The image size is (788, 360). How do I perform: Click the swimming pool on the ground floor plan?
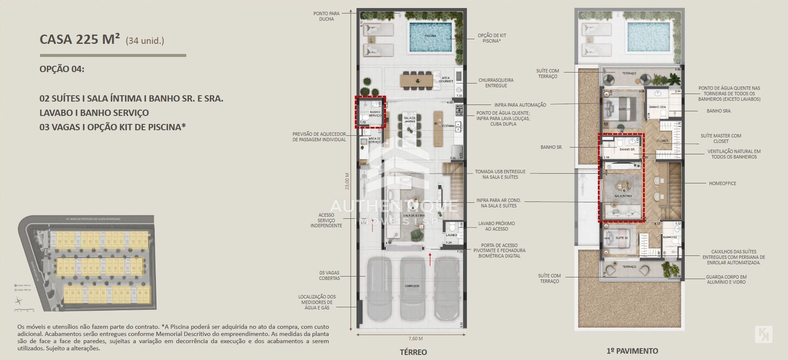tap(430, 37)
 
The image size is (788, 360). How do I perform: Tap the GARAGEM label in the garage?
tap(412, 286)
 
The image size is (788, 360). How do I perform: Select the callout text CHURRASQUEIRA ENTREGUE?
tap(496, 83)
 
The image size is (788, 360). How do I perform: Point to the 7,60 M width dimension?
tap(415, 338)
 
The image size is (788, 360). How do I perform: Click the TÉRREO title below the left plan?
tap(413, 352)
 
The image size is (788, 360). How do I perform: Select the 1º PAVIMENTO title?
tap(632, 351)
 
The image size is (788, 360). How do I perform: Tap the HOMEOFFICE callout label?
tap(722, 183)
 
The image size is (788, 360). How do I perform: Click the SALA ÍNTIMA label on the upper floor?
tap(623, 196)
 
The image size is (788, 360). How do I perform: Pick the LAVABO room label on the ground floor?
tap(451, 235)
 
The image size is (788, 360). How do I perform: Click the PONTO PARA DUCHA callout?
tap(326, 16)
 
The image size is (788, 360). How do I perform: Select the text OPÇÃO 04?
tap(62, 69)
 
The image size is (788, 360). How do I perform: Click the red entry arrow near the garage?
tap(430, 258)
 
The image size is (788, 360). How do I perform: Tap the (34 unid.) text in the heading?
tap(145, 41)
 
